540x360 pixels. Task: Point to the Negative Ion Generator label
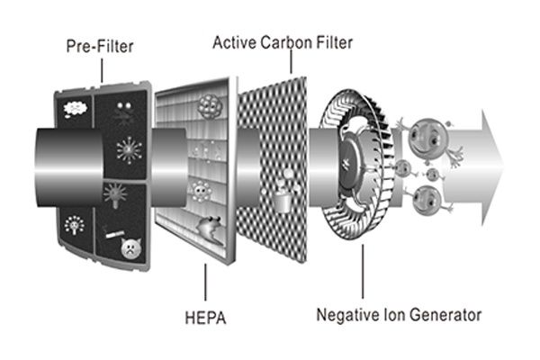click(398, 315)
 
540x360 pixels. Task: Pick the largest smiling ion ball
click(425, 138)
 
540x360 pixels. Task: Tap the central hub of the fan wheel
click(346, 168)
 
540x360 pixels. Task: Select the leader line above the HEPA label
click(206, 283)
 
